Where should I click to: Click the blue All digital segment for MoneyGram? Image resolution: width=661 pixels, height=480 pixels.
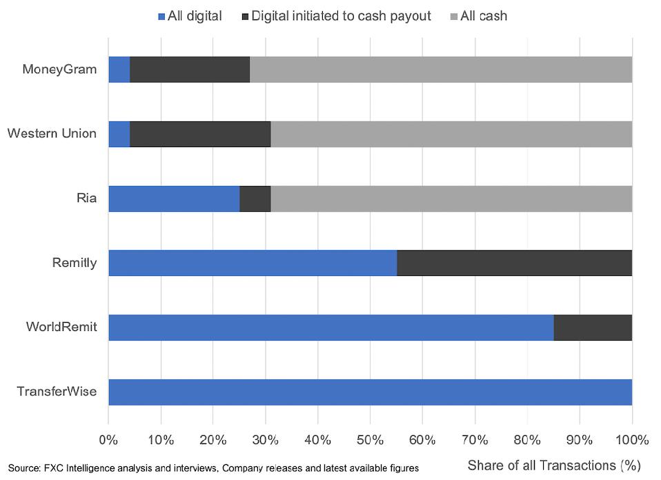[119, 70]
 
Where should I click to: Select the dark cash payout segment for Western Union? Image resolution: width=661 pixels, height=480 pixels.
[200, 134]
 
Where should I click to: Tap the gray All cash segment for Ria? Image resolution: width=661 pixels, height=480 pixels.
[451, 199]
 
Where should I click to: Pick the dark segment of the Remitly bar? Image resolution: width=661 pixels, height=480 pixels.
[514, 263]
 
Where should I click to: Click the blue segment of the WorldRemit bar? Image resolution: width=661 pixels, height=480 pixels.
[331, 328]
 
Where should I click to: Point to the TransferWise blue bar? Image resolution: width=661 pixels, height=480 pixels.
[370, 392]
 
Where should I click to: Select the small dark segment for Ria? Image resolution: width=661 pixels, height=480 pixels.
[255, 199]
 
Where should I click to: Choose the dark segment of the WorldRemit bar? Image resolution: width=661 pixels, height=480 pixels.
[593, 328]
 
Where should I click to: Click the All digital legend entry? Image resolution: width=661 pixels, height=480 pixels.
[190, 15]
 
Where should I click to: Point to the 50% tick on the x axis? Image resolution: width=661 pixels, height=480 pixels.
[370, 439]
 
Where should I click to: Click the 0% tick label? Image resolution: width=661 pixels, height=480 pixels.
[109, 439]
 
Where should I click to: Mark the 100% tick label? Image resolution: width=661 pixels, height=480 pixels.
[631, 439]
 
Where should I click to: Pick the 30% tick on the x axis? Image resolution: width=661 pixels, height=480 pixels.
[266, 439]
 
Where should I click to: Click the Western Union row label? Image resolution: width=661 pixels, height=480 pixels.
[52, 133]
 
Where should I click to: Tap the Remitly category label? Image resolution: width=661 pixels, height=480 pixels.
[75, 263]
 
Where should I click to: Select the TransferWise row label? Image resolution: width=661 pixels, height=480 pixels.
[57, 392]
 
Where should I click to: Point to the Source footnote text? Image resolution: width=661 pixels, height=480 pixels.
[213, 468]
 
